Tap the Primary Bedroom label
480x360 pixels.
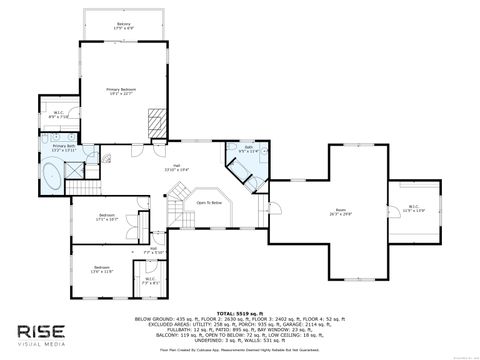122,92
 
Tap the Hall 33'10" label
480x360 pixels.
176,168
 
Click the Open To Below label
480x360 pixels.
209,202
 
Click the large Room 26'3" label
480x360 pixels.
341,211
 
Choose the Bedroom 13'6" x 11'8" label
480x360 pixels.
102,269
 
